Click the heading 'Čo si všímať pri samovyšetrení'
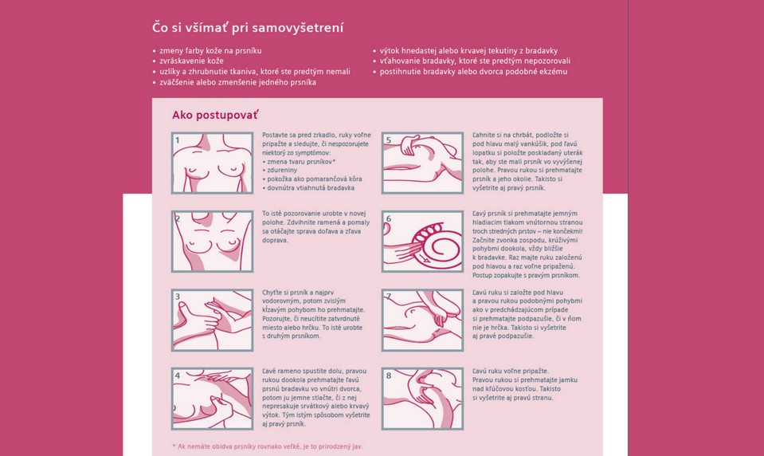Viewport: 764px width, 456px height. [248, 27]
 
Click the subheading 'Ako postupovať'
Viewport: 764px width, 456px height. [215, 115]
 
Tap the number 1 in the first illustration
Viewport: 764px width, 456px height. [178, 140]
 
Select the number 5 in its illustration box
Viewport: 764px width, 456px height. [388, 140]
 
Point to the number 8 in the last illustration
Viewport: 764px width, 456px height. [388, 375]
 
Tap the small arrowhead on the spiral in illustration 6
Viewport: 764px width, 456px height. [426, 261]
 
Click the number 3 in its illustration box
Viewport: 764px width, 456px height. [178, 297]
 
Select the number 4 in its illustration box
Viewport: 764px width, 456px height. [178, 375]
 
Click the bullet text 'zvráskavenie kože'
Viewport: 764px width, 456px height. [191, 61]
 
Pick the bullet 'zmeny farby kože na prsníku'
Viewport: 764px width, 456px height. [210, 51]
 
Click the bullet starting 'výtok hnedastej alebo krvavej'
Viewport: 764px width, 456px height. [468, 51]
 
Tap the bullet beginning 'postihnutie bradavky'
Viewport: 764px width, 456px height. [473, 72]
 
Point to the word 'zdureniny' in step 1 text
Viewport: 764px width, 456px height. [282, 171]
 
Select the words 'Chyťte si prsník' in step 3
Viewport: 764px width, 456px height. [284, 293]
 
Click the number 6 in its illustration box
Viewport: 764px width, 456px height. [388, 218]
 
